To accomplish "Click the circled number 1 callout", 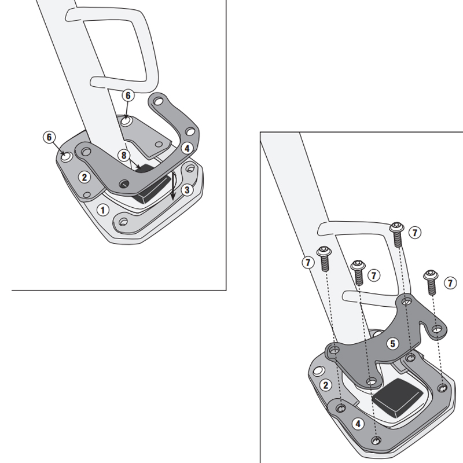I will coord(102,210).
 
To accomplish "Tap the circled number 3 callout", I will coord(186,190).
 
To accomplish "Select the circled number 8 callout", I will coord(123,155).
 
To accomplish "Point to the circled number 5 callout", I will coord(392,344).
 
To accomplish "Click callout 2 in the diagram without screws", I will coord(84,177).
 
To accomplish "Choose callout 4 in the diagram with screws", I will coord(359,424).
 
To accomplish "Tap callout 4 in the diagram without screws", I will coord(186,148).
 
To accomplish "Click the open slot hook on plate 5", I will coord(436,330).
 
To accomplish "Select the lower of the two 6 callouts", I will coord(49,137).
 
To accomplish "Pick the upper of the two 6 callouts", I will coord(128,95).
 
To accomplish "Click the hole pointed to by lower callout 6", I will coord(67,156).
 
